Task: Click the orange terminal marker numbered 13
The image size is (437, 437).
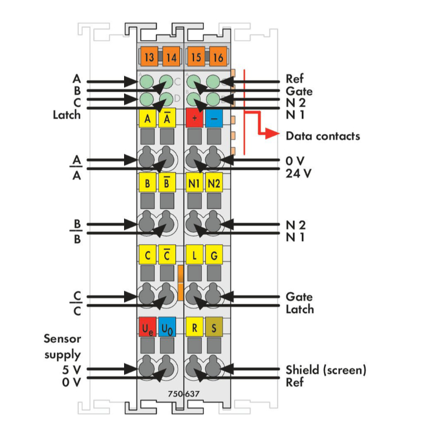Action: (149, 57)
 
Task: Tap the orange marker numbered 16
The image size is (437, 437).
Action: (217, 57)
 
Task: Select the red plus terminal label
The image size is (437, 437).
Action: (195, 118)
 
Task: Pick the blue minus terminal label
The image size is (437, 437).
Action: (214, 118)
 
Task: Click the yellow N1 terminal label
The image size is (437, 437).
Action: (195, 184)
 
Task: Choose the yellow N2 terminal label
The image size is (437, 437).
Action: (214, 184)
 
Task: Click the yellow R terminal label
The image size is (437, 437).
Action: (195, 327)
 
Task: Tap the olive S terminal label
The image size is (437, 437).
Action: (214, 327)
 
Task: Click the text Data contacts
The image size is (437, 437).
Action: (322, 136)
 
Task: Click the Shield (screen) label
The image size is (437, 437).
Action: (326, 369)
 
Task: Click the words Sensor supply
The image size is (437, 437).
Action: (62, 346)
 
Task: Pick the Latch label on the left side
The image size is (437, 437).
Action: (66, 115)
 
